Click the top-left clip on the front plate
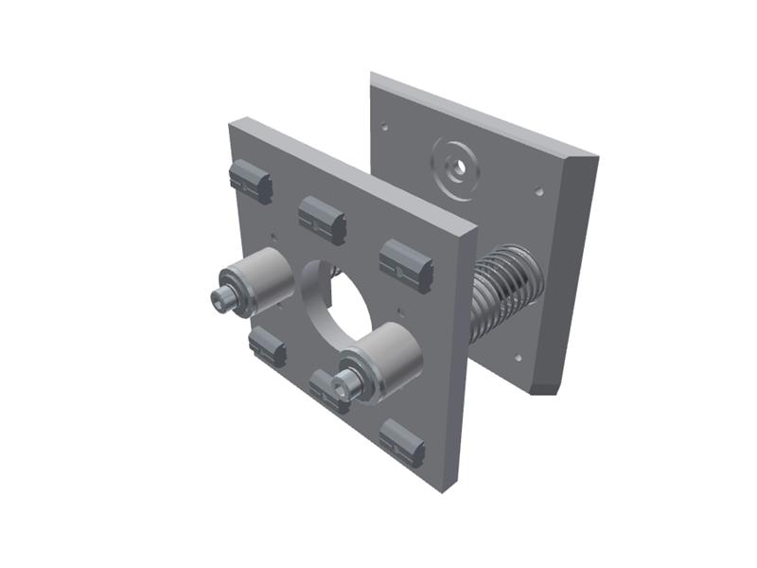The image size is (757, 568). tap(251, 181)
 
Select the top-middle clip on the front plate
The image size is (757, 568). tap(322, 220)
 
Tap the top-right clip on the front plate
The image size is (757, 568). tap(407, 262)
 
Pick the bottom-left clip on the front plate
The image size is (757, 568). tap(267, 346)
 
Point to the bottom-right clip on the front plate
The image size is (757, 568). tap(402, 442)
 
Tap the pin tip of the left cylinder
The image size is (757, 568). tap(221, 299)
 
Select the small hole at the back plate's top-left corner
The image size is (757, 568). tap(385, 124)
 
